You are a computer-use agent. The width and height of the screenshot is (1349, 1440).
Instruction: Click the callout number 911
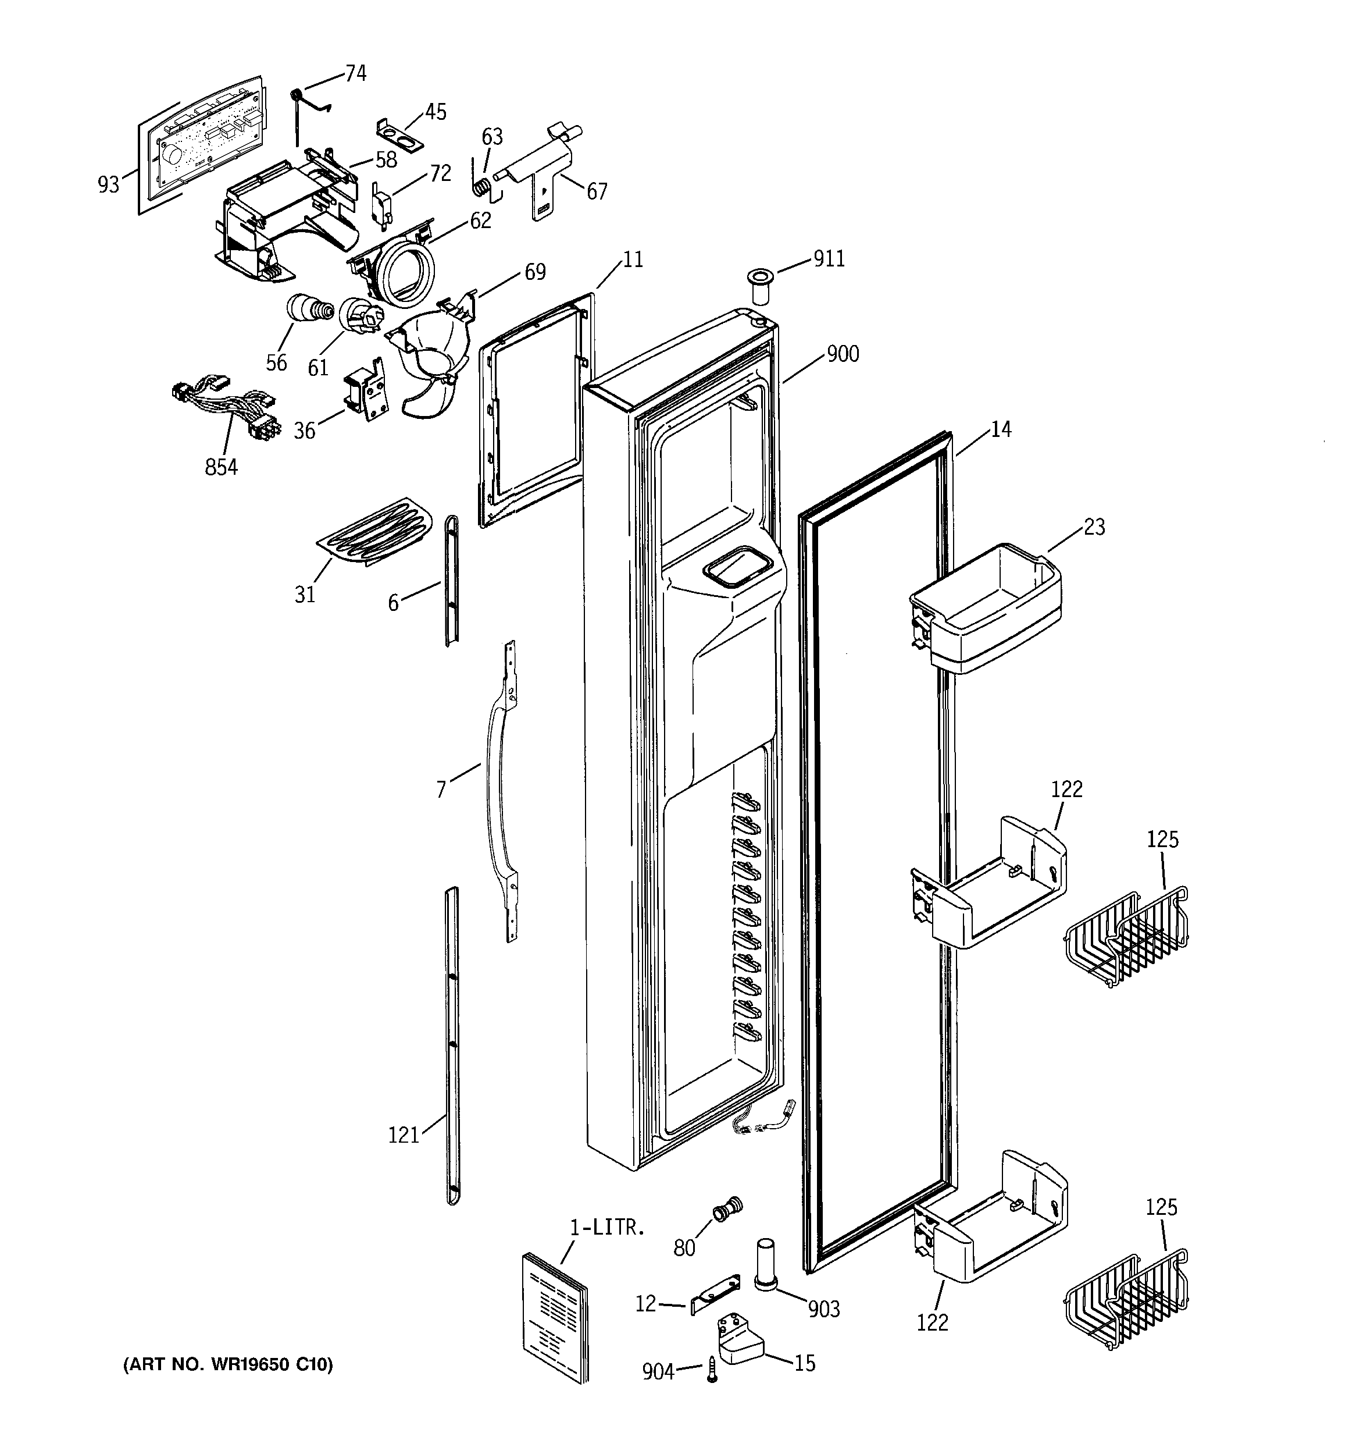point(829,258)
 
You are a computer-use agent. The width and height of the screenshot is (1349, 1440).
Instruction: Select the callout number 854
point(221,467)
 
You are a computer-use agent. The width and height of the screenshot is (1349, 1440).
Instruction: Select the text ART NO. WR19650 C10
point(227,1365)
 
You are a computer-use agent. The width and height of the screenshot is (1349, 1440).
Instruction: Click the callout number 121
point(404,1135)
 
